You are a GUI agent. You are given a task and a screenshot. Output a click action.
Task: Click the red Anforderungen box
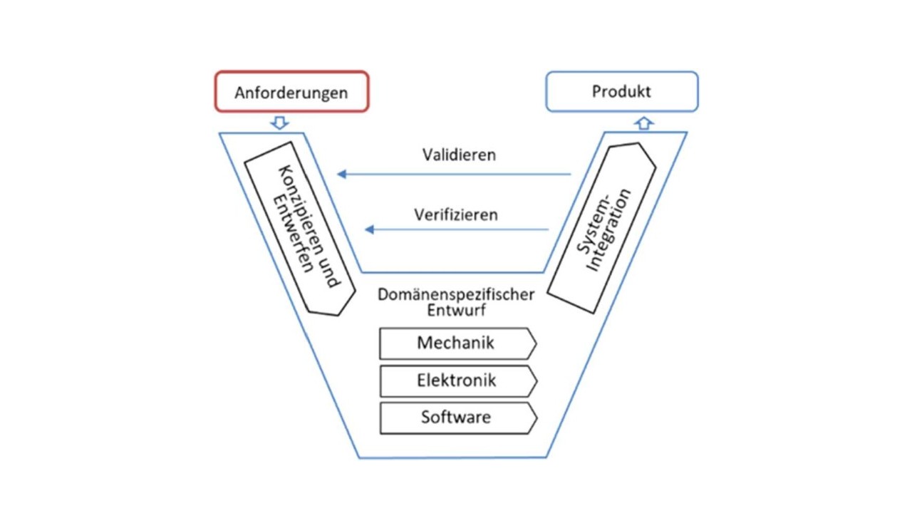pos(291,92)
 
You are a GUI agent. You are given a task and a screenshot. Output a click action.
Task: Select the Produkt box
pos(621,91)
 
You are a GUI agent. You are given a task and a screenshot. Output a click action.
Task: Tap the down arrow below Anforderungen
pos(280,123)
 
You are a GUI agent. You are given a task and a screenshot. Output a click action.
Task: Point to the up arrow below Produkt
pos(643,123)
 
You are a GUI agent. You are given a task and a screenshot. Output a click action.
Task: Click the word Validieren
pos(459,155)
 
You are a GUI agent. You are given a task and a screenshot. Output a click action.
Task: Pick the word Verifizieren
pos(456,214)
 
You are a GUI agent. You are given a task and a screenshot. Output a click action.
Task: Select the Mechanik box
pos(456,343)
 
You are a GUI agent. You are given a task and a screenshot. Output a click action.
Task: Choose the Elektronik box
pos(456,380)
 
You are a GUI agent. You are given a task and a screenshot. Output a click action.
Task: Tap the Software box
pos(456,418)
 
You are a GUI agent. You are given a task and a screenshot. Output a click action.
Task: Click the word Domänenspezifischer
pos(456,294)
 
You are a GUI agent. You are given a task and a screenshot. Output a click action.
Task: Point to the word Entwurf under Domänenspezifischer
pos(456,310)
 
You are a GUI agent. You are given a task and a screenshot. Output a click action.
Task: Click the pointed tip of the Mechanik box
pos(536,343)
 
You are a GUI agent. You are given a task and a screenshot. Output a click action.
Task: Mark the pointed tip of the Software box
pos(536,418)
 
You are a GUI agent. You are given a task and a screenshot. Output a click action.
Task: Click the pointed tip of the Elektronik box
pos(536,380)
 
